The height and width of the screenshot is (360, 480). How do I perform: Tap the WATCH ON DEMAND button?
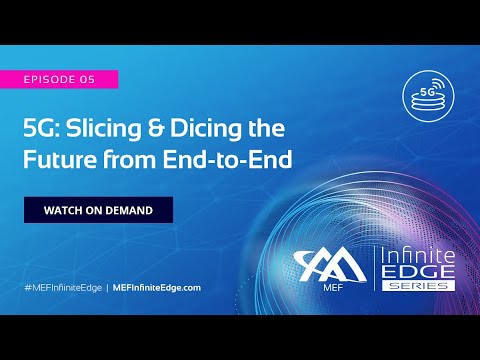(x=98, y=210)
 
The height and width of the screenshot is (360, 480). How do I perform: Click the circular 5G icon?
(x=427, y=90)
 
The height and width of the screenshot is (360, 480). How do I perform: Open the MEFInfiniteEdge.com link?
(x=157, y=287)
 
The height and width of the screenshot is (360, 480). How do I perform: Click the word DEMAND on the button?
(x=125, y=210)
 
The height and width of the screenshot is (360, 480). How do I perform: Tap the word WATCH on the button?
(x=61, y=210)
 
